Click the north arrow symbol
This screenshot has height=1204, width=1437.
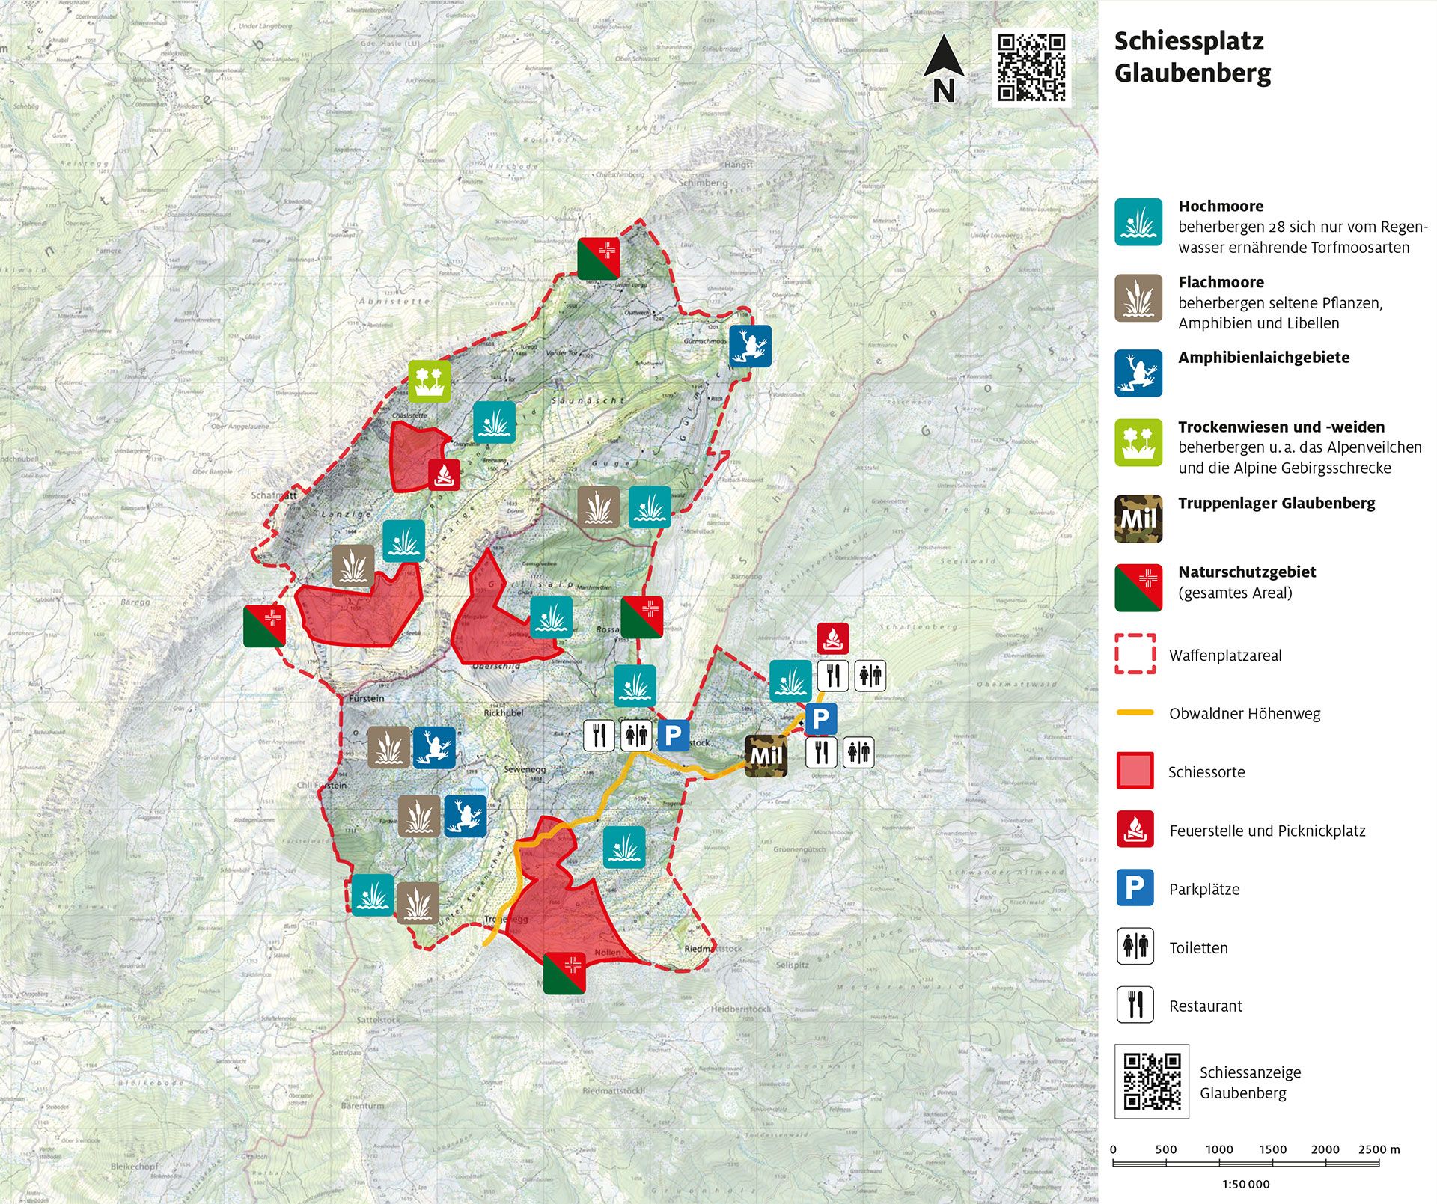943,67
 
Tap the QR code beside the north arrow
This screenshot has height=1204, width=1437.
1031,67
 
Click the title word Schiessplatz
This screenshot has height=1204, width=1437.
1189,41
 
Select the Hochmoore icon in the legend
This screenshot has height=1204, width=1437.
1138,222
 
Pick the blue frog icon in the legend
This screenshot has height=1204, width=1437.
1138,373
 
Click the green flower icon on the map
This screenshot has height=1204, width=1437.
430,381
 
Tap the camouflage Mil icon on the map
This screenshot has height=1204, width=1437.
766,756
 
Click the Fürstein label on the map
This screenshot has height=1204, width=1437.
367,698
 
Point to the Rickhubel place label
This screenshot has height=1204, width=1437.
504,713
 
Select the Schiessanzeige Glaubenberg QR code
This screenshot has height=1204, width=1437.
1152,1081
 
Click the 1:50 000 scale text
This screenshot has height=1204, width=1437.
1245,1184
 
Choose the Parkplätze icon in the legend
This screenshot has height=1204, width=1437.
1135,888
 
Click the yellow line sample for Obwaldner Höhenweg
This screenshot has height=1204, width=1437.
1135,712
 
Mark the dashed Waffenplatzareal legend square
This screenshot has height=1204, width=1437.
1135,654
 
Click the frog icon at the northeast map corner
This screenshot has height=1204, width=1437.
750,346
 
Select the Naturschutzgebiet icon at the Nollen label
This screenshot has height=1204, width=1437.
564,974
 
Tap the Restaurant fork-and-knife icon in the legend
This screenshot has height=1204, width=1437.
1135,1005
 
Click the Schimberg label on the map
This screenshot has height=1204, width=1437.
703,183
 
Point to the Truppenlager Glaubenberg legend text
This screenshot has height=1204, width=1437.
1276,503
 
